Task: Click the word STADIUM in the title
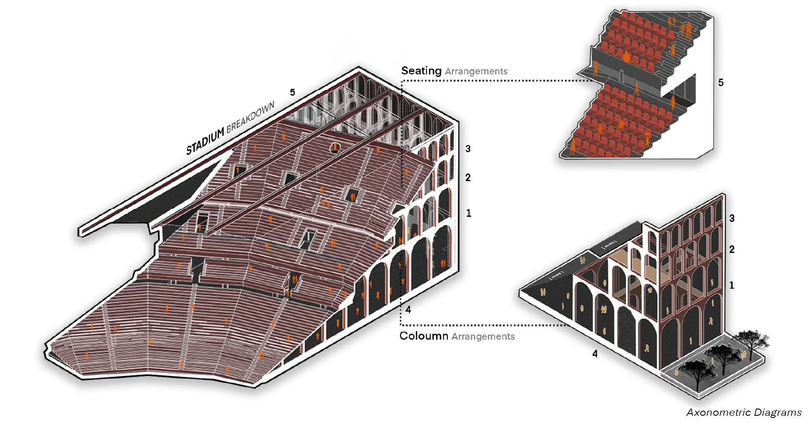point(205,141)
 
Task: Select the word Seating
point(421,71)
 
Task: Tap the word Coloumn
point(423,336)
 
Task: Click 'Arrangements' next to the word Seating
point(476,71)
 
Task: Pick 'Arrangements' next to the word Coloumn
point(483,337)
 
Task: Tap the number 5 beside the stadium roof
point(292,92)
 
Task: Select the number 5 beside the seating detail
point(721,82)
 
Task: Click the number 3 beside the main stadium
point(468,149)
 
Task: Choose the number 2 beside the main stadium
point(468,178)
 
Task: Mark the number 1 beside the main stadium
point(468,213)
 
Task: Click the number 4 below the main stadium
point(408,309)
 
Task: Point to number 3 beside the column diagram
point(732,218)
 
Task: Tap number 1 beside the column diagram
point(732,285)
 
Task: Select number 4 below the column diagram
point(595,354)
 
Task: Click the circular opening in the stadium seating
point(335,148)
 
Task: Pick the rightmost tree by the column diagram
point(751,340)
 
